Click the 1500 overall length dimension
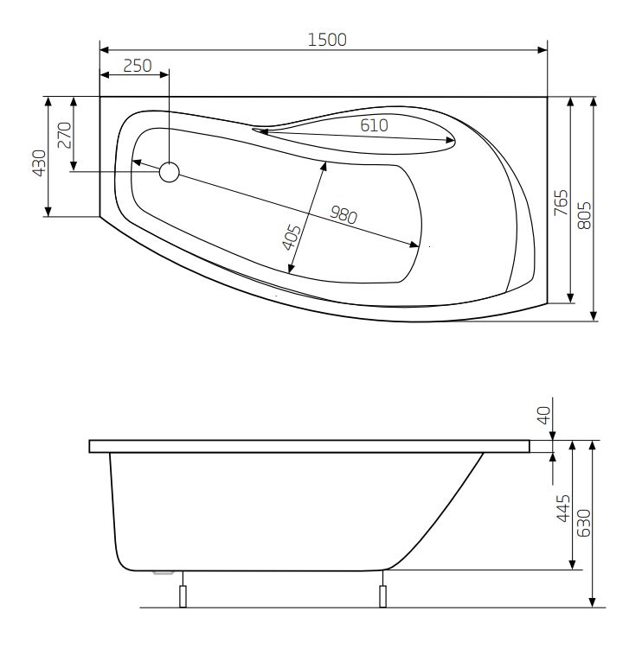pos(327,40)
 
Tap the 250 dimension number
pos(138,66)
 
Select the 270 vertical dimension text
pos(65,135)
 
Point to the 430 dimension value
pos(40,163)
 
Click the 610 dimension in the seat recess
pos(374,125)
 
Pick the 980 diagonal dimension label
pos(343,215)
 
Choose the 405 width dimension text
pos(292,237)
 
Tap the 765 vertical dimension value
pos(562,202)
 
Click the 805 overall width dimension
pos(584,215)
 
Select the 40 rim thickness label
pos(543,415)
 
